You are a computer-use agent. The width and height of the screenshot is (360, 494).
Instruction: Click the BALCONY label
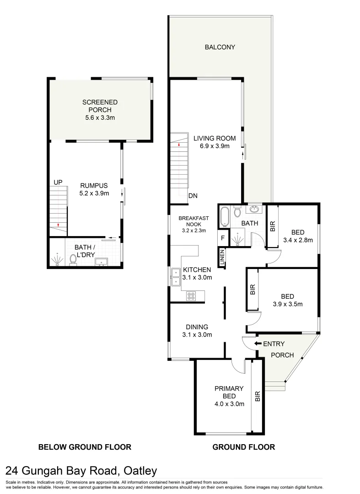pyautogui.click(x=220, y=47)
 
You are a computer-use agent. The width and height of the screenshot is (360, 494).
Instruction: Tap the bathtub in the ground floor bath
pyautogui.click(x=224, y=216)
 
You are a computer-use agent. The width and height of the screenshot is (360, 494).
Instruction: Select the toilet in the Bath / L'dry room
pyautogui.click(x=72, y=260)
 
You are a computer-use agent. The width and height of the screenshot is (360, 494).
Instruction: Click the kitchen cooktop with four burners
pyautogui.click(x=191, y=296)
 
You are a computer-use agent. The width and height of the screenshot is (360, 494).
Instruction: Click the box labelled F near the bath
pyautogui.click(x=223, y=238)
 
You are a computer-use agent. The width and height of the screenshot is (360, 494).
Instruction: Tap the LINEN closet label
pyautogui.click(x=222, y=258)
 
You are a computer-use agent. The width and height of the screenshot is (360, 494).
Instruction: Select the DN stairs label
pyautogui.click(x=193, y=196)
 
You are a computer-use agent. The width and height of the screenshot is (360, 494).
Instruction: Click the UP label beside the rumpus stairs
pyautogui.click(x=58, y=182)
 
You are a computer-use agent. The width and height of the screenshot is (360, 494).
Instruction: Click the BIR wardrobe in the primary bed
pyautogui.click(x=257, y=396)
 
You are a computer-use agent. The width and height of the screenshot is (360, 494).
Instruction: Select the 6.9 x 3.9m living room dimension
pyautogui.click(x=214, y=146)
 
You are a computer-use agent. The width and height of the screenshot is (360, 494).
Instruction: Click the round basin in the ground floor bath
pyautogui.click(x=253, y=210)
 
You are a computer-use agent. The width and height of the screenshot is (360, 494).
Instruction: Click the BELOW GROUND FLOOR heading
pyautogui.click(x=85, y=447)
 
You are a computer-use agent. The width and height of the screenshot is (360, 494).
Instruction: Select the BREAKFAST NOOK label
pyautogui.click(x=194, y=224)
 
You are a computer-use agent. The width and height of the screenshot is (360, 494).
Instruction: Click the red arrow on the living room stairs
pyautogui.click(x=179, y=144)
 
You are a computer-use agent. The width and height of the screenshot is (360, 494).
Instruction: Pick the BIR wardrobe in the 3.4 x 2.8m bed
pyautogui.click(x=273, y=226)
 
